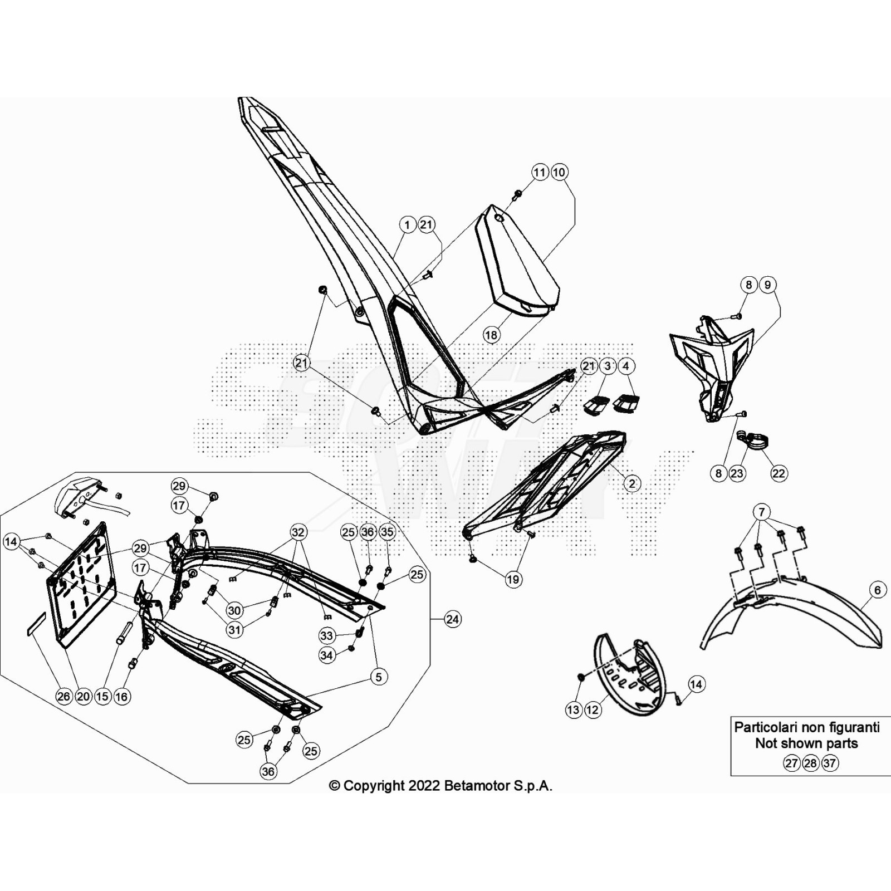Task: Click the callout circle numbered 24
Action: [453, 619]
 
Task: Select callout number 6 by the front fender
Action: [878, 590]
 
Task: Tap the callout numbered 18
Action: [491, 335]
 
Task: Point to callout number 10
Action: [559, 172]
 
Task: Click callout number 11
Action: [540, 172]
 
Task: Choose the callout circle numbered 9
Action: [768, 285]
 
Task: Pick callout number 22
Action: [779, 473]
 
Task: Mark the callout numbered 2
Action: [631, 483]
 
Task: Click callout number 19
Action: [513, 579]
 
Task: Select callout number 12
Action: [593, 709]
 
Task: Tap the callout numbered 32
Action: [298, 532]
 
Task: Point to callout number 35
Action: [387, 532]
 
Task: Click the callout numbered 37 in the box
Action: [830, 763]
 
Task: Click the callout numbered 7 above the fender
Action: [761, 512]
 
